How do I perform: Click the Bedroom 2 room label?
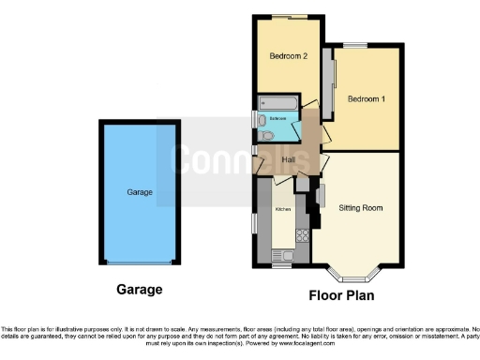pos(289,56)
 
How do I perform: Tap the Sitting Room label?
pos(361,206)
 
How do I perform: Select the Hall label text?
pos(289,159)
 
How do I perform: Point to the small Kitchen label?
pos(282,210)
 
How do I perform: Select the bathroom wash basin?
pos(259,119)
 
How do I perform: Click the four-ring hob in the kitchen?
pos(302,235)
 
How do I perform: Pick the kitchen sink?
pos(281,253)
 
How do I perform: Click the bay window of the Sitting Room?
pos(354,275)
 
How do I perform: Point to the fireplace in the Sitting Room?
pos(321,197)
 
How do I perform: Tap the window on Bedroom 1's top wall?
pos(354,46)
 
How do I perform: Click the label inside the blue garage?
pos(140,192)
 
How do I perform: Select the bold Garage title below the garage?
pos(139,290)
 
